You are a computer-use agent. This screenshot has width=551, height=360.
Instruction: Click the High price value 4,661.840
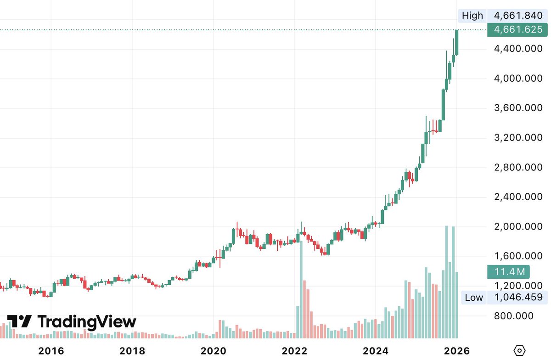[x=518, y=16]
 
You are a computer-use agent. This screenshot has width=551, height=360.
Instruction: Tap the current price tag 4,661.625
[x=518, y=30]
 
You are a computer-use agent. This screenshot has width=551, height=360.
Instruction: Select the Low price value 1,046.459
[x=518, y=297]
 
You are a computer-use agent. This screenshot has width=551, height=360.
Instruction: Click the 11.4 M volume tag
[x=509, y=272]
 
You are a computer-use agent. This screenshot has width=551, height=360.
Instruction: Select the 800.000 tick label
[x=513, y=316]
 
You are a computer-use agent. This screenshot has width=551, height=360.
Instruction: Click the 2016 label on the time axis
[x=51, y=351]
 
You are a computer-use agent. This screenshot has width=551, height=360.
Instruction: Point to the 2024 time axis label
[x=376, y=351]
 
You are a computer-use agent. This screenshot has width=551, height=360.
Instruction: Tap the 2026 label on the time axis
[x=457, y=351]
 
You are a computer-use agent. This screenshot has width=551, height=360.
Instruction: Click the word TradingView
[x=87, y=321]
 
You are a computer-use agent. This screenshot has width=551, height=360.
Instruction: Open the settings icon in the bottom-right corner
[x=519, y=351]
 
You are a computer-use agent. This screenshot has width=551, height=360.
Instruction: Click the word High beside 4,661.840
[x=472, y=16]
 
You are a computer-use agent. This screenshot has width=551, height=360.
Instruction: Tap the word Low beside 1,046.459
[x=474, y=297]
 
